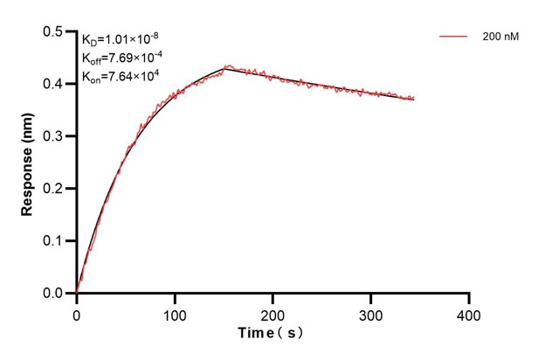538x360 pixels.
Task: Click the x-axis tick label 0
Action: tap(77, 312)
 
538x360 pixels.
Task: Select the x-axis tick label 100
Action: tap(175, 312)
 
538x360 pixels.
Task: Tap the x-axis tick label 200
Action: tap(273, 312)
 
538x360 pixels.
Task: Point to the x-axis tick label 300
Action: tap(371, 312)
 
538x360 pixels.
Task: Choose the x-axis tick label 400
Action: tap(470, 312)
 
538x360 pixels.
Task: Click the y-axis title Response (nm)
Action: tap(28, 163)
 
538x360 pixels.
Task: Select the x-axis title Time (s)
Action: tap(272, 334)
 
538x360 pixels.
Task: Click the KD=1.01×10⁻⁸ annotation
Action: tap(121, 39)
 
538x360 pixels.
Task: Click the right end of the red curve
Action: tap(414, 98)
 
